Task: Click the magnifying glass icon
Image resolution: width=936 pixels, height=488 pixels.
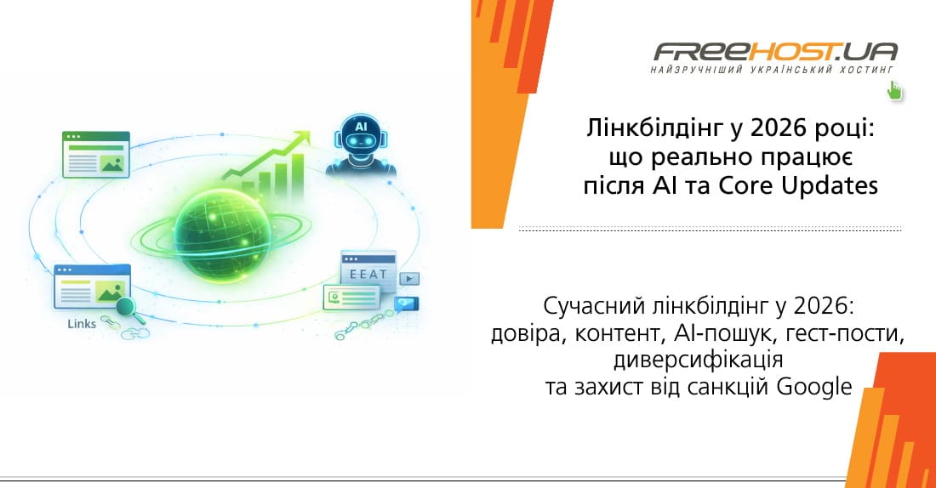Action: point(126,307)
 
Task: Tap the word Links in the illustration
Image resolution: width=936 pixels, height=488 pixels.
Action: point(82,324)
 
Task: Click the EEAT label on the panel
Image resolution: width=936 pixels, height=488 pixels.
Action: point(368,274)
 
